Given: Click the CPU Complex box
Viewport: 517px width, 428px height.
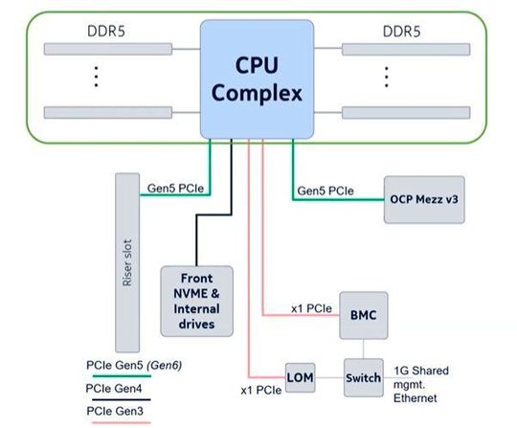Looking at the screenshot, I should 257,80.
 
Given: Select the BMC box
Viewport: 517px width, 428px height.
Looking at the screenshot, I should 364,313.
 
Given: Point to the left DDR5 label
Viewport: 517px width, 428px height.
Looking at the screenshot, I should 96,32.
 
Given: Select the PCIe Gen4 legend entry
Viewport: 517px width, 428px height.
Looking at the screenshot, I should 113,388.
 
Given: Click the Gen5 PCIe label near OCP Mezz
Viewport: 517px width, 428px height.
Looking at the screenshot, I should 326,191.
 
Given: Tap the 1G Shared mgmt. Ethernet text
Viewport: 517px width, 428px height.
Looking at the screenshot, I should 422,382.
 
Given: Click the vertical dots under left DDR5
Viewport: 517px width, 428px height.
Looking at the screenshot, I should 97,78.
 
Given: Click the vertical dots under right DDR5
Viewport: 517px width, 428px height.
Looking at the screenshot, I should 388,76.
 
